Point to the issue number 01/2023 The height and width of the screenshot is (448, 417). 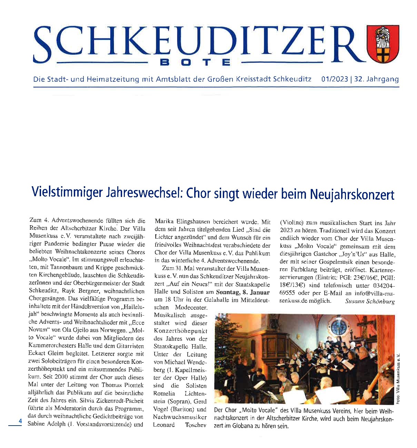[x=334, y=79]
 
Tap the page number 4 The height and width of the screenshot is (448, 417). [x=20, y=421]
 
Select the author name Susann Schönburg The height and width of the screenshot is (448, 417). [x=370, y=301]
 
